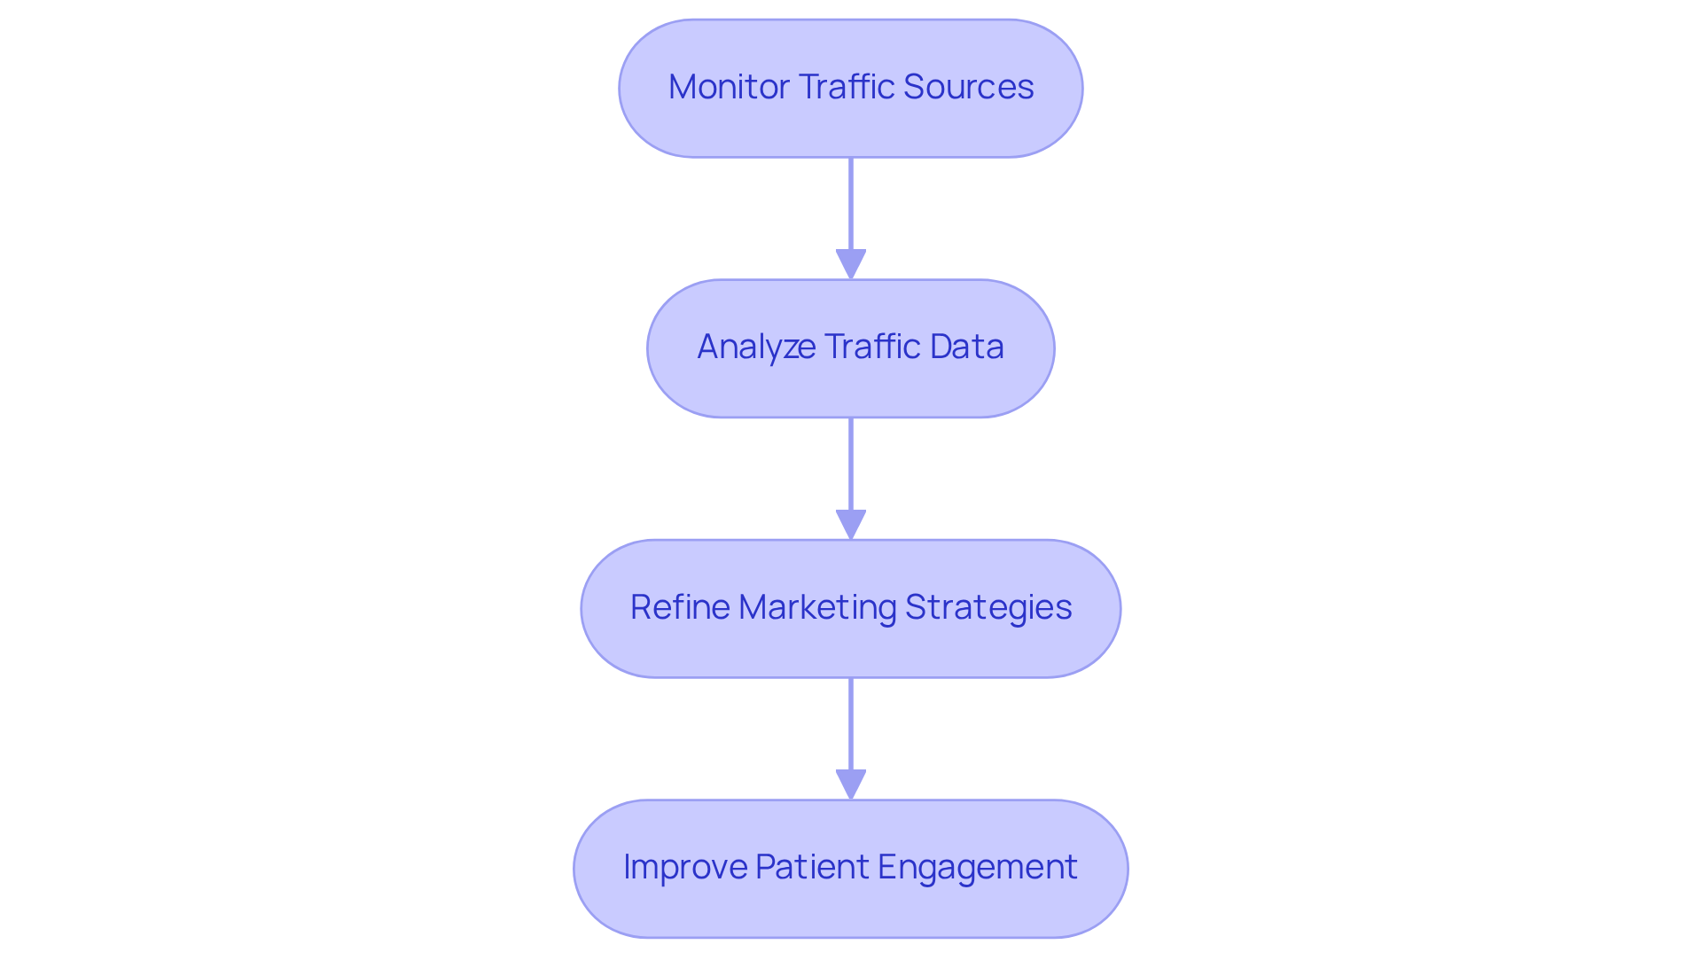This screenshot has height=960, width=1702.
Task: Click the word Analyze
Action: coord(755,347)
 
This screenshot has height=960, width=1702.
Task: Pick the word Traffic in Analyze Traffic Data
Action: coord(871,347)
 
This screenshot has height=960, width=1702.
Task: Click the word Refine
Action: coord(679,607)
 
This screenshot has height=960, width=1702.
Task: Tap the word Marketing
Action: coord(816,607)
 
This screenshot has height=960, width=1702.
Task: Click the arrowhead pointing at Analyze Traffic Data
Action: coord(851,265)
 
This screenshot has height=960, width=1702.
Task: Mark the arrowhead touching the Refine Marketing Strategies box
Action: coord(851,525)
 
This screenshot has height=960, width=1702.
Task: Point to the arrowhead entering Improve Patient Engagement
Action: coord(851,784)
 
